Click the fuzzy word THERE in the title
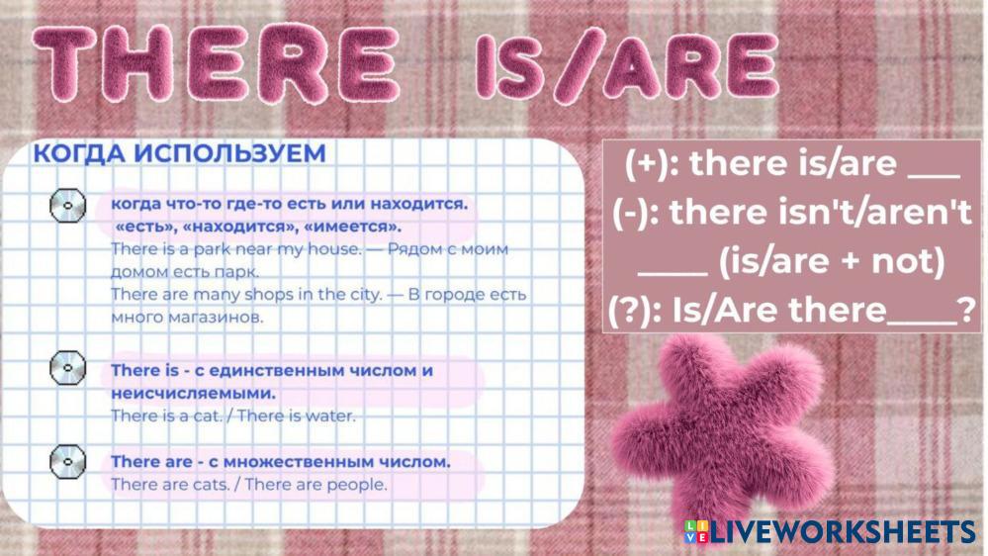point(216,63)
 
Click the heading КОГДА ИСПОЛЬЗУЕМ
point(180,153)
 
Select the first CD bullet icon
point(67,206)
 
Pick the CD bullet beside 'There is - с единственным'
point(67,368)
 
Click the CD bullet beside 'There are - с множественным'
point(67,461)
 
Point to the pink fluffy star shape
point(718,427)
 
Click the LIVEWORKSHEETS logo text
point(843,532)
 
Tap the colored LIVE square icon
point(696,532)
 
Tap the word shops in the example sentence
point(265,295)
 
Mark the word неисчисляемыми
point(194,394)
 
